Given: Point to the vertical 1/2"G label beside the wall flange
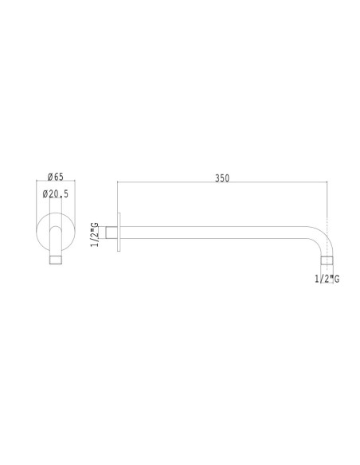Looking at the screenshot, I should tap(95, 235).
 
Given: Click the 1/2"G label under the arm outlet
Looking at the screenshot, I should tap(327, 279).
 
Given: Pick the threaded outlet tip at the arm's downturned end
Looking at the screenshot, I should tap(326, 262).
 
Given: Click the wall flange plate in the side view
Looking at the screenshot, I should tap(119, 233).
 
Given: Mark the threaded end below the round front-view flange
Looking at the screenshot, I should tap(56, 260).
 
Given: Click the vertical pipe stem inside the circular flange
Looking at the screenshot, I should tap(56, 240).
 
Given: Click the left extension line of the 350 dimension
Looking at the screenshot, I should tap(118, 199).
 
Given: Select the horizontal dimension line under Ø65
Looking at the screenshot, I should tap(56, 183).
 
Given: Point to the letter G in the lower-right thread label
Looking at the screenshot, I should tap(337, 279).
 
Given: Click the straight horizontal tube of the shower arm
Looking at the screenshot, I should tap(215, 233).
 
